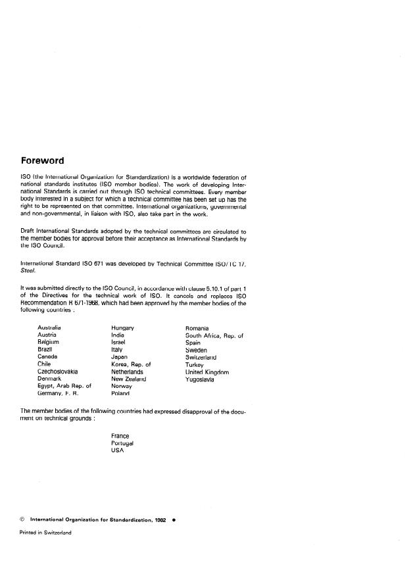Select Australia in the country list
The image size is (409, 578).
click(49, 327)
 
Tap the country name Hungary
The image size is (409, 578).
click(123, 327)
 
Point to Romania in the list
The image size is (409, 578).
click(197, 327)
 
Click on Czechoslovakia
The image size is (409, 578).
click(58, 372)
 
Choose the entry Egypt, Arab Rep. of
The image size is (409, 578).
click(64, 386)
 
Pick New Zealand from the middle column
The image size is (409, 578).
click(129, 379)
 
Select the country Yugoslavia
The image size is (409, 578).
click(200, 379)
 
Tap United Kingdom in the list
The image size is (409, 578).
click(207, 372)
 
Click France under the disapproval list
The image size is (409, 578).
click(121, 435)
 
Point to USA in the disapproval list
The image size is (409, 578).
click(118, 450)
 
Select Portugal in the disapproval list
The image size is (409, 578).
click(123, 443)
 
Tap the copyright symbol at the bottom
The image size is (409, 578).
click(23, 519)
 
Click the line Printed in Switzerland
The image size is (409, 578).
click(45, 533)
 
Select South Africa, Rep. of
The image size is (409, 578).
click(214, 335)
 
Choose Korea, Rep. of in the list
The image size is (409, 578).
click(132, 364)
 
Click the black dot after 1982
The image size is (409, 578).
click(173, 519)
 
